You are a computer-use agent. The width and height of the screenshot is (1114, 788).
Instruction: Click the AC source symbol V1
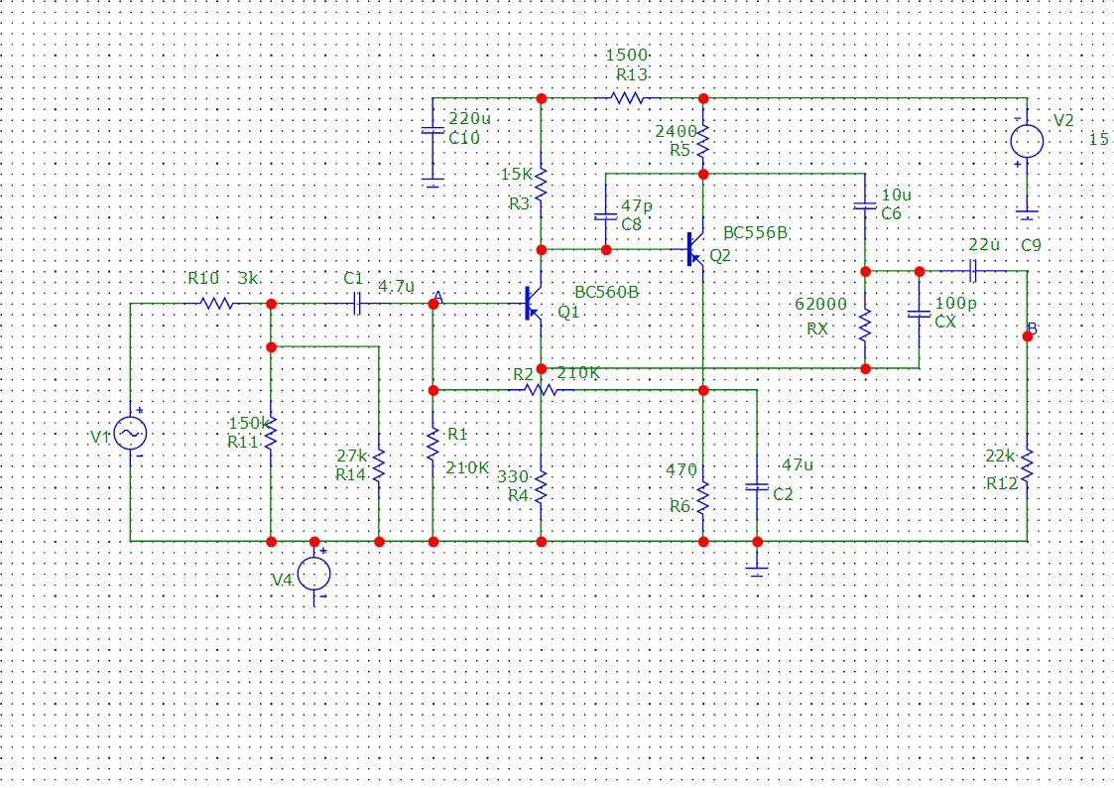[x=131, y=433]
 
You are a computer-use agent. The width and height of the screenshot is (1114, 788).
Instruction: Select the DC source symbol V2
[x=1027, y=141]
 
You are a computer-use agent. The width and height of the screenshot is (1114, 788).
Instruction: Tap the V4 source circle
[x=314, y=574]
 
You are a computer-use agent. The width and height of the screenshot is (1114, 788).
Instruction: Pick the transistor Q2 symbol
[x=694, y=249]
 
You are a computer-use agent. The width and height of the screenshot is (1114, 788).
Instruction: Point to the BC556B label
[x=755, y=233]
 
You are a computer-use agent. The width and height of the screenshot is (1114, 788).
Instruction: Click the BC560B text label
[x=606, y=292]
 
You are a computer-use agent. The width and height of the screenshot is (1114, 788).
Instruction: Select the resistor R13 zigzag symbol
[x=628, y=98]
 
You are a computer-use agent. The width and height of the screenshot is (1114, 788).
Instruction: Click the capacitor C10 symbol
[x=433, y=131]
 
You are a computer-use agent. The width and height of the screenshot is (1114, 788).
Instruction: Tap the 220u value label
[x=469, y=118]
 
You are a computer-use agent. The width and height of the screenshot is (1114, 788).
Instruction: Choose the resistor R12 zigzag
[x=1027, y=465]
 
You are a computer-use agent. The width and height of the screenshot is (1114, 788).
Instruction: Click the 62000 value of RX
[x=820, y=304]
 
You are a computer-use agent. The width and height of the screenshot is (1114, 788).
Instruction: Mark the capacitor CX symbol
[x=919, y=314]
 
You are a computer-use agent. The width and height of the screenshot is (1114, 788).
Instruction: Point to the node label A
[x=439, y=297]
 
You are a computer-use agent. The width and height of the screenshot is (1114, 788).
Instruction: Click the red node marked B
[x=1028, y=336]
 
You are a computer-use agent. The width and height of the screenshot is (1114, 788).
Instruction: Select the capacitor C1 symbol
[x=357, y=304]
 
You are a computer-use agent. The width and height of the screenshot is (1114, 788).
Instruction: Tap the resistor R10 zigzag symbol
[x=217, y=304]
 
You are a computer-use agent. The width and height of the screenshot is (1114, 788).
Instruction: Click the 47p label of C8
[x=637, y=205]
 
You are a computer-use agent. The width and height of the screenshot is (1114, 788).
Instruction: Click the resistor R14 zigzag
[x=379, y=465]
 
